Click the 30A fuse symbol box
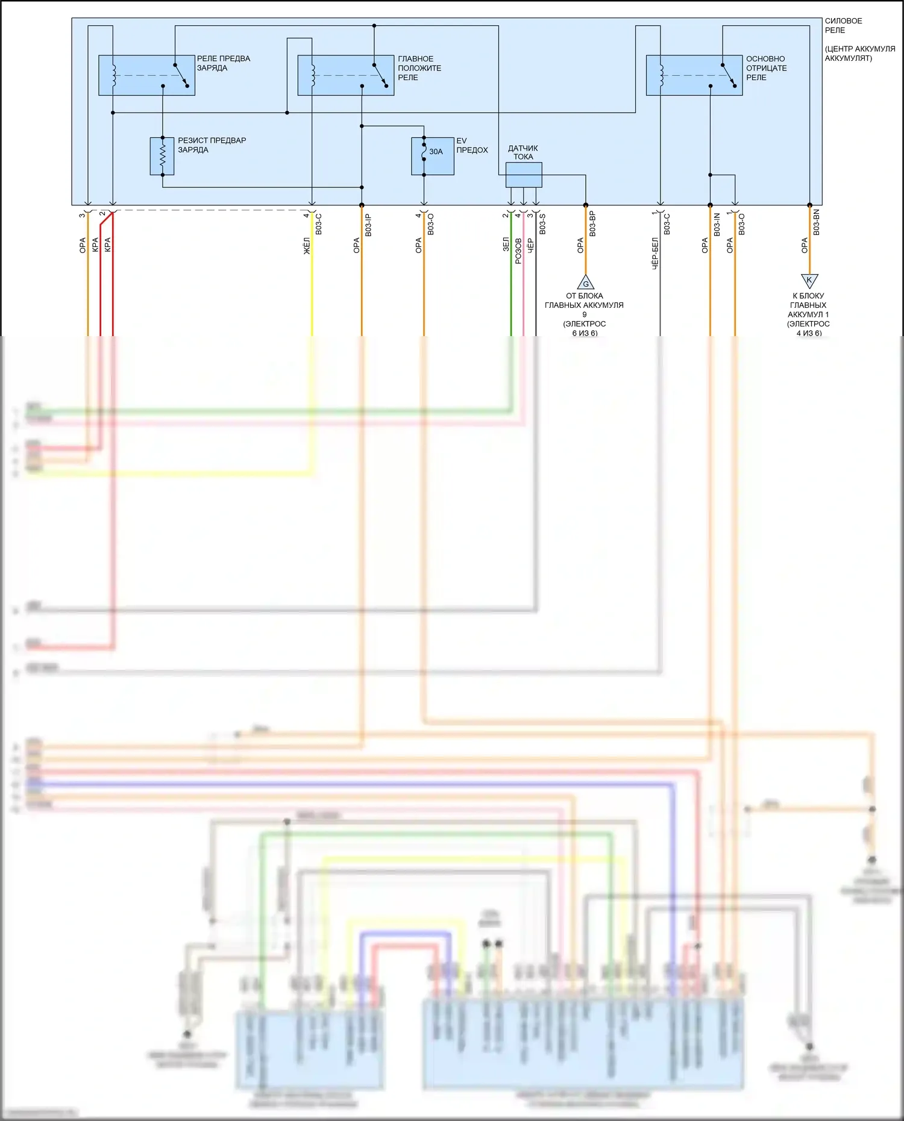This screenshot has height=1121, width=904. pos(432,156)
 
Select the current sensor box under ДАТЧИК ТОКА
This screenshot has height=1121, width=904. pos(523,175)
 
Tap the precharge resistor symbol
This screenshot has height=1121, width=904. pos(162,156)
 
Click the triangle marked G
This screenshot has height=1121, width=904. pos(585,283)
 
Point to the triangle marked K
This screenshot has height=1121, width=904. pos(809,280)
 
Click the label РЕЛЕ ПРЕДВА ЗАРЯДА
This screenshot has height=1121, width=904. pos(223,63)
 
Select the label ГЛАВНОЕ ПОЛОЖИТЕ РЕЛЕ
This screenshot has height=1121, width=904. pos(419,68)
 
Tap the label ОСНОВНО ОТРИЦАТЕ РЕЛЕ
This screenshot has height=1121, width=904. pos(766,68)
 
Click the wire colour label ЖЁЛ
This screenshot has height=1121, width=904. pos(306,245)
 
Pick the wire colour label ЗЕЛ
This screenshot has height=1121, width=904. pos(506,244)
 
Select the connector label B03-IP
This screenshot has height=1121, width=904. pos(368,225)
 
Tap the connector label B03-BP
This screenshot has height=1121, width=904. pos(592,223)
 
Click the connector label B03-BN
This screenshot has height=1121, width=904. pos(816,222)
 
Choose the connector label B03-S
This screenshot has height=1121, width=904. pos(542,223)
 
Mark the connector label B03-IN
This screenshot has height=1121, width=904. pos(717,224)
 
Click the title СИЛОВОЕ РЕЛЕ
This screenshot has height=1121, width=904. pos(843,25)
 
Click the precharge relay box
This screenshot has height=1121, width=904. pos(146,75)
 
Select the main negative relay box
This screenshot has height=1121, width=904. pos(694,75)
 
